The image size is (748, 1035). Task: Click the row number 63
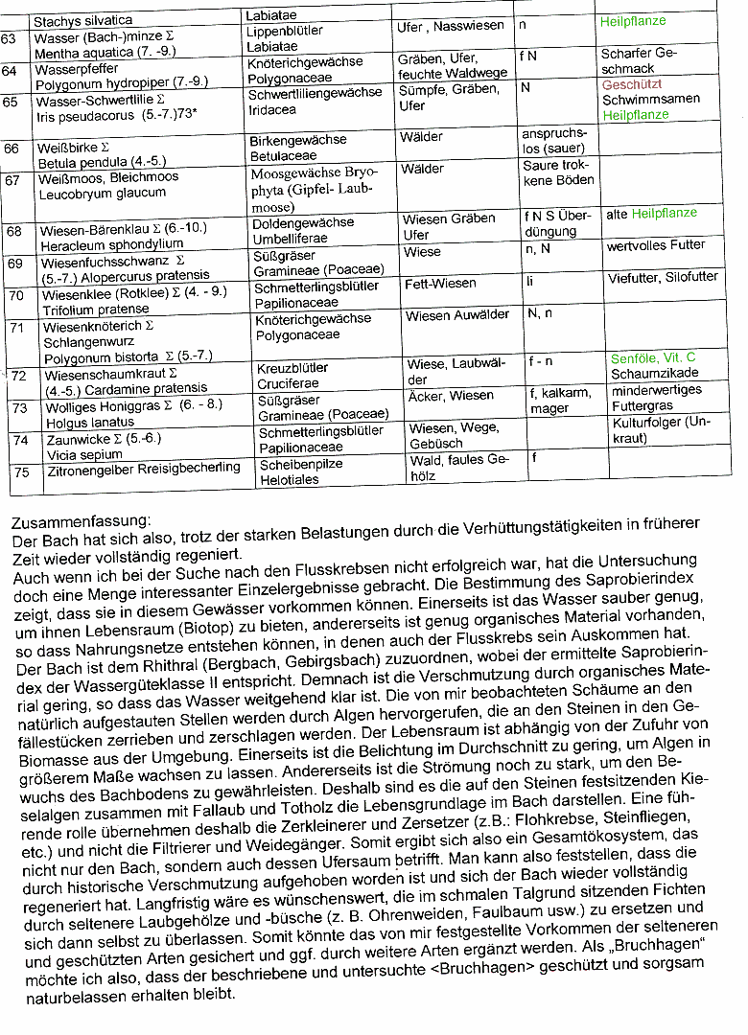click(x=9, y=38)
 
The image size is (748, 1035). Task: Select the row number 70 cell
click(x=16, y=295)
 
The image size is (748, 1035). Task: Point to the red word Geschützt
click(x=632, y=84)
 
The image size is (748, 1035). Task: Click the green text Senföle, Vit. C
click(x=653, y=358)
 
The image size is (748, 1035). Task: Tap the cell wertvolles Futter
click(x=656, y=245)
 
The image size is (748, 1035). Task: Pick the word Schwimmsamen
click(x=650, y=99)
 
